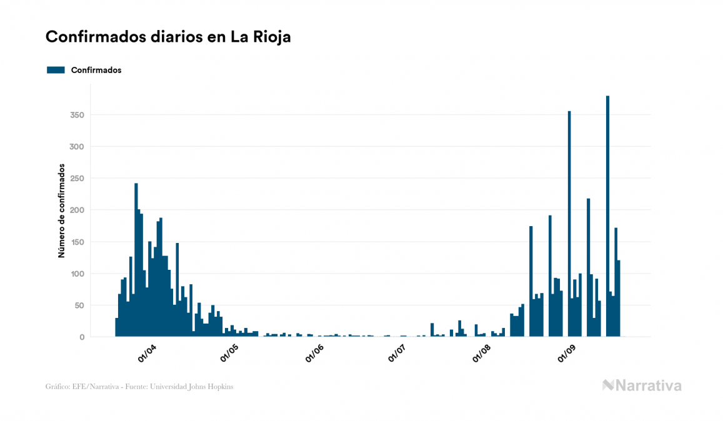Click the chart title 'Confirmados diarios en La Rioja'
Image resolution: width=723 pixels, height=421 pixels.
pos(168,37)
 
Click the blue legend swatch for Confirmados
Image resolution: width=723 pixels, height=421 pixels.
pos(56,70)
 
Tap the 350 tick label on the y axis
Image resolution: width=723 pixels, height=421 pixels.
pos(77,115)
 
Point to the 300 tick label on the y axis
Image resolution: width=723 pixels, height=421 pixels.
pos(77,147)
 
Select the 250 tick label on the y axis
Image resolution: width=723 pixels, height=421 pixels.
pos(77,179)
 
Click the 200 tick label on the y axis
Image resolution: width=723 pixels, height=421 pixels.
pos(77,210)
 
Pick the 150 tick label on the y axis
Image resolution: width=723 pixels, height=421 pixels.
pos(77,242)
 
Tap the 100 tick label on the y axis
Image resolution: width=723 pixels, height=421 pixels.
pos(77,274)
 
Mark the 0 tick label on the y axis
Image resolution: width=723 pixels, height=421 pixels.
pos(82,337)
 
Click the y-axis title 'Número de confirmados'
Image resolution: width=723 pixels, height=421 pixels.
pos(62,210)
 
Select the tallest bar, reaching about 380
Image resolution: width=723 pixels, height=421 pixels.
pos(607,219)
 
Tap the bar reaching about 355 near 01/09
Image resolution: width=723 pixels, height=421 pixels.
pos(569,225)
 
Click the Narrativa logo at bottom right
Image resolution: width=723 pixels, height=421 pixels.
pos(642,385)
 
